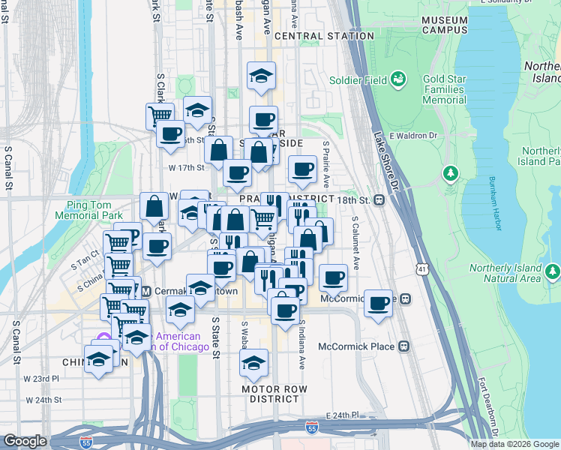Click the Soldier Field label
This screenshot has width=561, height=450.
358,80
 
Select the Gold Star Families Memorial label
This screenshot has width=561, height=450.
433,89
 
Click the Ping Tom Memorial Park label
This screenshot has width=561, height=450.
84,210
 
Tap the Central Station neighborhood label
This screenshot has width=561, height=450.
324,36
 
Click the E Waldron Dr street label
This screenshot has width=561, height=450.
412,136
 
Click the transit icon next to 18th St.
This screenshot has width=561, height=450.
380,200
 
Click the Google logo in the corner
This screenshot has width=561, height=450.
25,441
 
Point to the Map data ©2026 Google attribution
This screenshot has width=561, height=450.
515,444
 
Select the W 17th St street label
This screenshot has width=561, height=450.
186,167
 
